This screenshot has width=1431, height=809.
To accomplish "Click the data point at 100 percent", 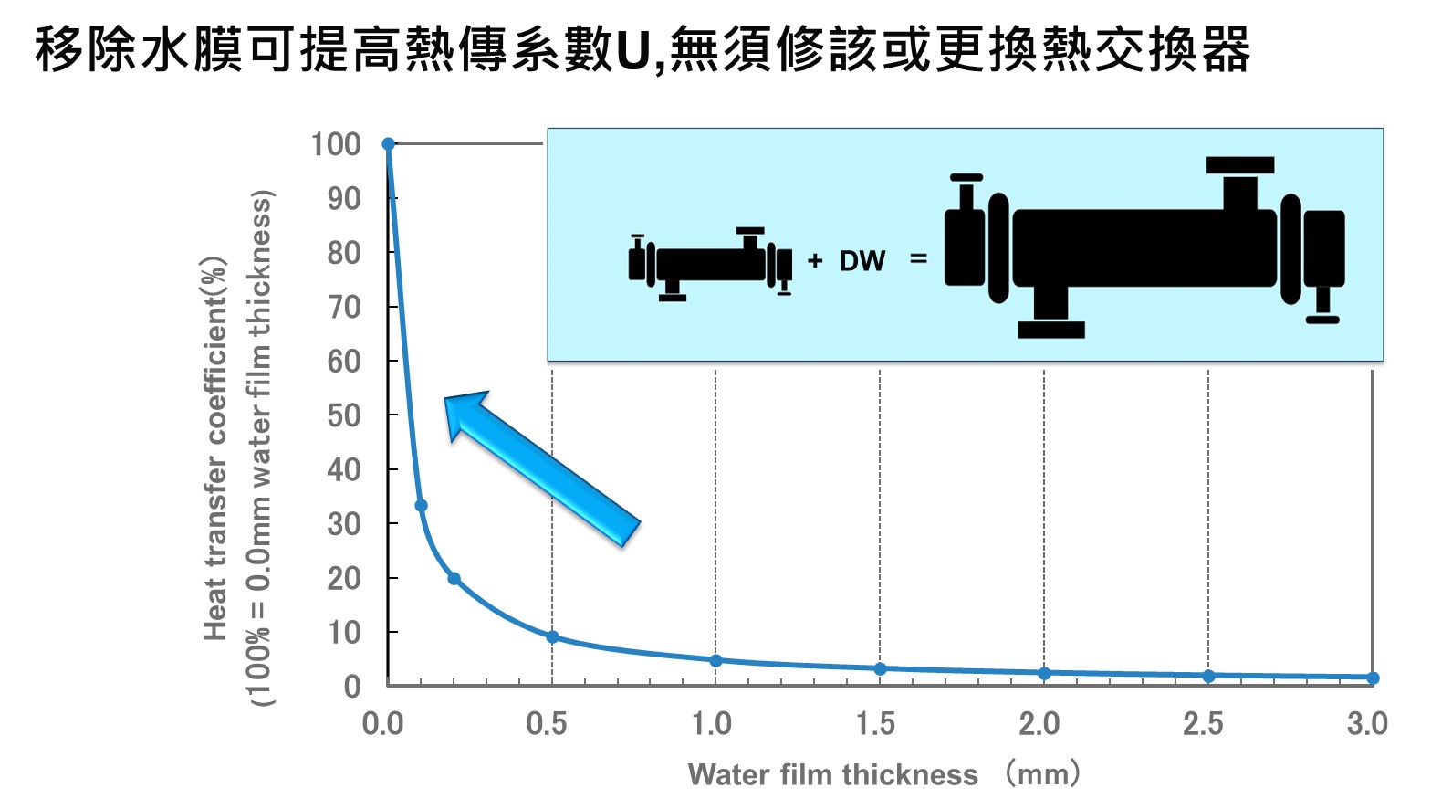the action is click(389, 143).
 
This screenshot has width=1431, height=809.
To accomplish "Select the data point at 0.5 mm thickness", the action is click(553, 637).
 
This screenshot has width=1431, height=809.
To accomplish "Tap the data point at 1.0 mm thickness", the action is click(716, 660).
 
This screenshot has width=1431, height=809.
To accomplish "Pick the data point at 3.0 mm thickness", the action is click(1373, 678).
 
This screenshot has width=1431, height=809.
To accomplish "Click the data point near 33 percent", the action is click(421, 506).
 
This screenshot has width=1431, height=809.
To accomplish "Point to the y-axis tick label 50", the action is click(344, 416).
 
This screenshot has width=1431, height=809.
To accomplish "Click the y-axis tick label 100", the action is click(336, 144).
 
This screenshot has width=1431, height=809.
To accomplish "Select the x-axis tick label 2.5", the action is click(1203, 724).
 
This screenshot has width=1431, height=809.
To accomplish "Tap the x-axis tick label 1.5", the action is click(875, 724).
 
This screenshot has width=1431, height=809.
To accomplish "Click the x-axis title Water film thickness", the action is click(833, 774).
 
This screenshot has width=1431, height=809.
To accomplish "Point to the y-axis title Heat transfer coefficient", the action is click(215, 448).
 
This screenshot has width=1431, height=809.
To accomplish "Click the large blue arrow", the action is click(542, 468).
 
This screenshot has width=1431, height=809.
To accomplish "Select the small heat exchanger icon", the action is click(710, 264).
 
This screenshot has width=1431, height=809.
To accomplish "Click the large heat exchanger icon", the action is click(1144, 247).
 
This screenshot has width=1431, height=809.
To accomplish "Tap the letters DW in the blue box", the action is click(862, 261).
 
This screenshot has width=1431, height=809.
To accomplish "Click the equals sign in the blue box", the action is click(919, 258).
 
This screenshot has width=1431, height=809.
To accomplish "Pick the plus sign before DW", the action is click(814, 261).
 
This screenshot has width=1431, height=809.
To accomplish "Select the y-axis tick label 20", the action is click(344, 579).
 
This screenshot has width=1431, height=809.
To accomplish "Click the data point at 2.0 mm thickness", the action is click(1044, 673).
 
